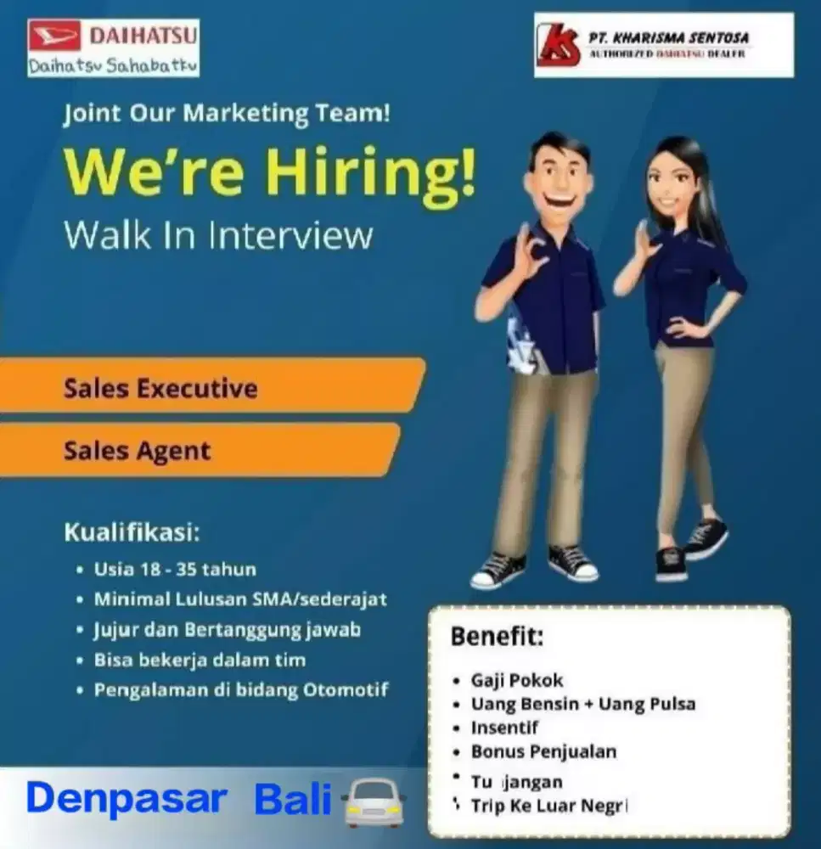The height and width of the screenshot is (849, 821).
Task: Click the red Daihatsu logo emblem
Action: (x=55, y=37)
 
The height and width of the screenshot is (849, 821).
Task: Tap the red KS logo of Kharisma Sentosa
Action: (x=559, y=45)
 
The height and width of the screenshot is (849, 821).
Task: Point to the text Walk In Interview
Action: (x=218, y=234)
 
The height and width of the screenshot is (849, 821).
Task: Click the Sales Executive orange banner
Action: (x=160, y=389)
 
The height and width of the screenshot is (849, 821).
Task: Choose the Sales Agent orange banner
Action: (x=138, y=451)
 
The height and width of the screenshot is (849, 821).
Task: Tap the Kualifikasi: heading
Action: (x=132, y=534)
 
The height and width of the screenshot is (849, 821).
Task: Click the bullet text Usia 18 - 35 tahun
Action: (x=175, y=569)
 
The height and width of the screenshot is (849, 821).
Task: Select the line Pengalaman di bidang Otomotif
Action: (x=241, y=689)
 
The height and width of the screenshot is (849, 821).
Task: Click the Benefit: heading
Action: (x=497, y=636)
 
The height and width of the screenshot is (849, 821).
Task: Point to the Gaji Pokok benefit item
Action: (x=517, y=681)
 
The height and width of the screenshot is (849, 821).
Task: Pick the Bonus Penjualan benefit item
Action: (x=544, y=751)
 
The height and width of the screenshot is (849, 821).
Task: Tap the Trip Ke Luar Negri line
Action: (x=548, y=806)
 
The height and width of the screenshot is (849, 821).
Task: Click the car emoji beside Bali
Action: (x=373, y=804)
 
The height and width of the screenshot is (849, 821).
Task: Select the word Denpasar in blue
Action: (x=127, y=799)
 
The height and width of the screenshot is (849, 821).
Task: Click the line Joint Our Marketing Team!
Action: (x=227, y=114)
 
